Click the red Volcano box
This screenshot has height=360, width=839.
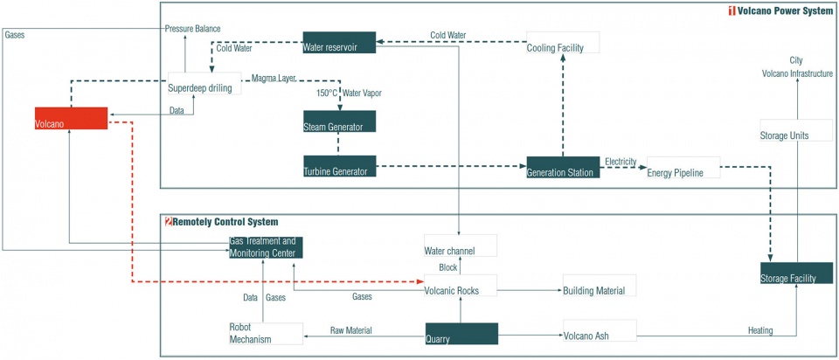pyautogui.click(x=71, y=118)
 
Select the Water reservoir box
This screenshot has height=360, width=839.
pyautogui.click(x=339, y=42)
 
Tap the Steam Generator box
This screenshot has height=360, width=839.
pyautogui.click(x=339, y=121)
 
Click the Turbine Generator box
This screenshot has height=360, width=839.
pyautogui.click(x=339, y=166)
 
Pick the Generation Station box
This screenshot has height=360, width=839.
pyautogui.click(x=563, y=168)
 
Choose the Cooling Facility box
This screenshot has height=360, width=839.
pyautogui.click(x=563, y=42)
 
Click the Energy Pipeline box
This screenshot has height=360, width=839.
pyautogui.click(x=683, y=168)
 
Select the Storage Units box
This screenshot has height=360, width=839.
pyautogui.click(x=797, y=130)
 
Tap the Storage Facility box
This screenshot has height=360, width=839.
pyautogui.click(x=797, y=273)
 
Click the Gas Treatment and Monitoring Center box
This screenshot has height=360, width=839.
pyautogui.click(x=266, y=247)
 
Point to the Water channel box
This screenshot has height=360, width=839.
pyautogui.click(x=461, y=246)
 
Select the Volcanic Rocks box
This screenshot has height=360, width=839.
pyautogui.click(x=461, y=285)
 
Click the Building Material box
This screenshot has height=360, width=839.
pyautogui.click(x=600, y=285)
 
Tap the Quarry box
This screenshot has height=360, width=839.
pyautogui.click(x=461, y=333)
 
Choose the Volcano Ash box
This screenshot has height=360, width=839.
pyautogui.click(x=600, y=330)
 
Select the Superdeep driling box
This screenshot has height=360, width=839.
pyautogui.click(x=205, y=84)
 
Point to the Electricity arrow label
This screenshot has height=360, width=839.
pyautogui.click(x=621, y=161)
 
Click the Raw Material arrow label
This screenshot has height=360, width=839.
pyautogui.click(x=351, y=330)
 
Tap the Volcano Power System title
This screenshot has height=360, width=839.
pyautogui.click(x=780, y=10)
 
